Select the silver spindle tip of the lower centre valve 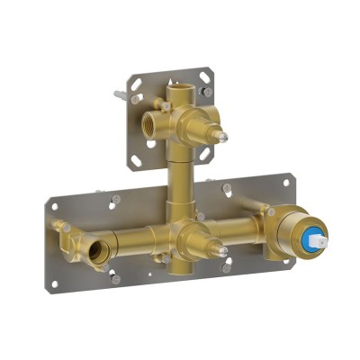(x=221, y=254)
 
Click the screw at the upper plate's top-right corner (x=208, y=91)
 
